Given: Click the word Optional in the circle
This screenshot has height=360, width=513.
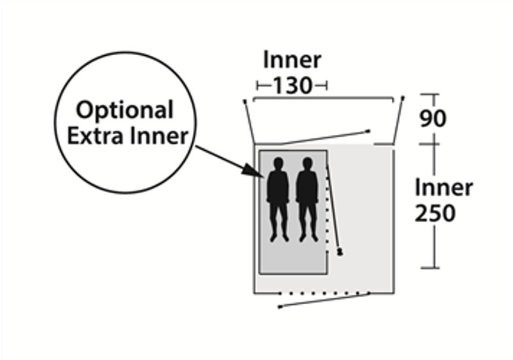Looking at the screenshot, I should [x=125, y=110].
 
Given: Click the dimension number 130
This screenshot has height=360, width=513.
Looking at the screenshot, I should [x=292, y=85].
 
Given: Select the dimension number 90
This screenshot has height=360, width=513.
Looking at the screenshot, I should [x=432, y=119].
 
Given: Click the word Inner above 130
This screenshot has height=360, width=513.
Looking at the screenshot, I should [x=292, y=60].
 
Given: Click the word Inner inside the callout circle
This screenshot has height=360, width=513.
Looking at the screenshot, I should [x=160, y=136].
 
